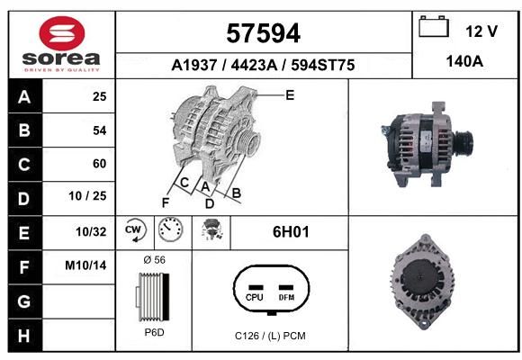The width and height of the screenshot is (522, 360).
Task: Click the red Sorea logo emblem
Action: pyautogui.click(x=62, y=33)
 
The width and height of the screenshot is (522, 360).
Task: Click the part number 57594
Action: pyautogui.click(x=264, y=33)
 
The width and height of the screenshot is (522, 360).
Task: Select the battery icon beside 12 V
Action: pyautogui.click(x=434, y=26)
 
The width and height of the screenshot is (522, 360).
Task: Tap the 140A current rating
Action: pyautogui.click(x=464, y=61)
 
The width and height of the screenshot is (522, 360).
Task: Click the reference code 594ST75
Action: pyautogui.click(x=323, y=65)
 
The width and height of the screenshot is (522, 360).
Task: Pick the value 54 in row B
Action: pyautogui.click(x=100, y=130)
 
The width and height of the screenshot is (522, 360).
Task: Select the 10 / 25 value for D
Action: pyautogui.click(x=87, y=196)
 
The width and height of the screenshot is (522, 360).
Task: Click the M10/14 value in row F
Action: pyautogui.click(x=85, y=265)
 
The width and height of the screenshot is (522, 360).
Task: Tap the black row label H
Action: pyautogui.click(x=24, y=336)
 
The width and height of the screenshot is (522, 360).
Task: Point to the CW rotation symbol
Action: pyautogui.click(x=135, y=229)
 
